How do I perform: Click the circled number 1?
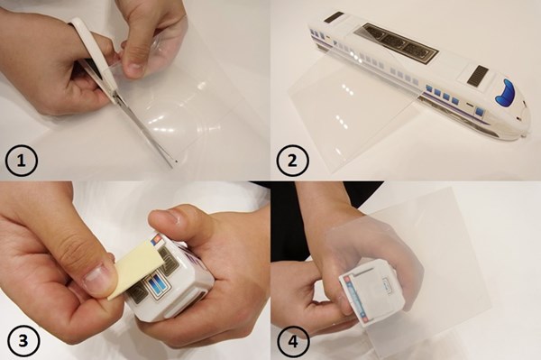pos(22,161)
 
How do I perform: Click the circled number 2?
pos(292,161)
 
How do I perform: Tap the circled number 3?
pos(23,341)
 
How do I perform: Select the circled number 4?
pos(293,341)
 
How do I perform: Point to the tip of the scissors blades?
pos(176,161)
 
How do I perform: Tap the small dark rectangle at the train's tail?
pos(334,16)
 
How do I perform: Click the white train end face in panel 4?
pos(371,291)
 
